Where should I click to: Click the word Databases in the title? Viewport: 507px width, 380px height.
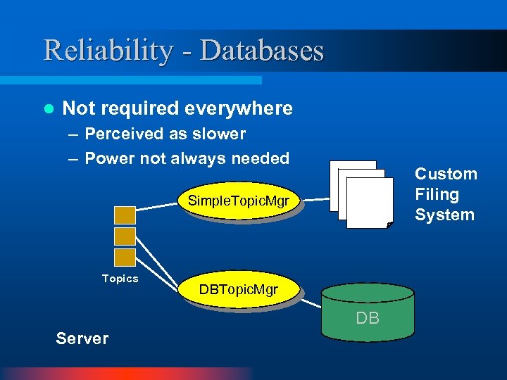262,51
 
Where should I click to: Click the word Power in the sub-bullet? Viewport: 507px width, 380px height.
110,158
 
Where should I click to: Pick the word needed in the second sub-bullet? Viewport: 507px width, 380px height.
261,158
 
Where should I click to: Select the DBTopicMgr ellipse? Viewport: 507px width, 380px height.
238,289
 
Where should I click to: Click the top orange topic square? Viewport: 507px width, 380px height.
125,215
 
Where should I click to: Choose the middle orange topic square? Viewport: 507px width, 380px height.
125,236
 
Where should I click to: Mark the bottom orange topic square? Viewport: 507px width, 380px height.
125,257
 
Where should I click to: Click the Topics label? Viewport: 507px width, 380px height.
120,279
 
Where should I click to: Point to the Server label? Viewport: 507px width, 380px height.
82,338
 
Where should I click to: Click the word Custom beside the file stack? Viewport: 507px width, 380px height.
446,174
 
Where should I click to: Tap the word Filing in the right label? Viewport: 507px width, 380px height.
437,194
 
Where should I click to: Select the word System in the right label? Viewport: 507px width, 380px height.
444,215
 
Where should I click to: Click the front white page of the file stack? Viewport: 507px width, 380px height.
370,203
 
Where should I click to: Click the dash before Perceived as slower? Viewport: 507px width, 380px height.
73,134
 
